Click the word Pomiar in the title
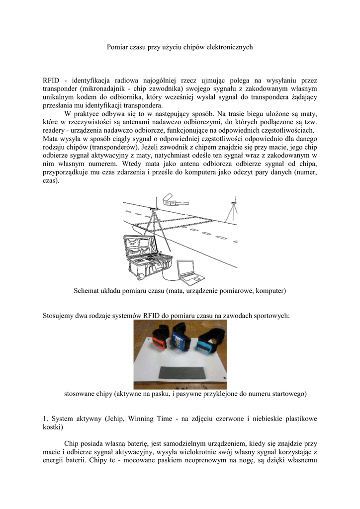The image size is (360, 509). coord(118,47)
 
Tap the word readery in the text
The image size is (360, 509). coord(54,130)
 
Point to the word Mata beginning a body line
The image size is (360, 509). coord(51,139)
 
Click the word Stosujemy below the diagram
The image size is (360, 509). coord(60,315)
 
